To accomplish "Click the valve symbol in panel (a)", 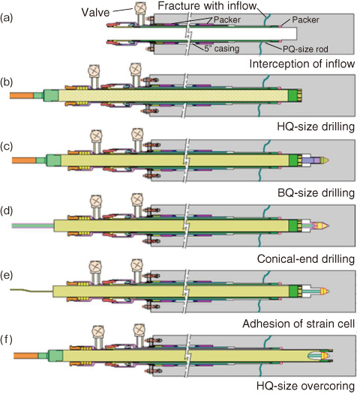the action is click(x=140, y=8).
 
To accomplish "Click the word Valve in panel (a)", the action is click(x=95, y=12).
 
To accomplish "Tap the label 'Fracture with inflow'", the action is click(x=207, y=5).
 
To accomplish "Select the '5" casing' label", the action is click(x=222, y=49).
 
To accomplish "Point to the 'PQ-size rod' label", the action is click(x=305, y=49).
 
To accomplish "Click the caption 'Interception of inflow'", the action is click(x=302, y=64).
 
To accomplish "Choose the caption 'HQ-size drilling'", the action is click(x=316, y=127).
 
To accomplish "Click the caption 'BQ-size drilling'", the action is click(x=316, y=193).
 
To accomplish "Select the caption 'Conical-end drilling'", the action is click(x=306, y=259).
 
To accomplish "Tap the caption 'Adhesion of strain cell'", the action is click(x=298, y=324).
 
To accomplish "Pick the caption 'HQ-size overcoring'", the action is click(x=305, y=386).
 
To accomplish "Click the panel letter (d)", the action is click(x=7, y=210).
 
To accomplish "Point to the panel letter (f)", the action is click(x=7, y=339).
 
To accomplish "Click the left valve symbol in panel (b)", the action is click(x=94, y=70).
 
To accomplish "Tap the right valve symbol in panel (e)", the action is click(x=136, y=265).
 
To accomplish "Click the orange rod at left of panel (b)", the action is click(x=22, y=96).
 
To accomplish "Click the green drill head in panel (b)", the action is click(x=295, y=95).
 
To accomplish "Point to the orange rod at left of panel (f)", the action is click(x=25, y=356).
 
